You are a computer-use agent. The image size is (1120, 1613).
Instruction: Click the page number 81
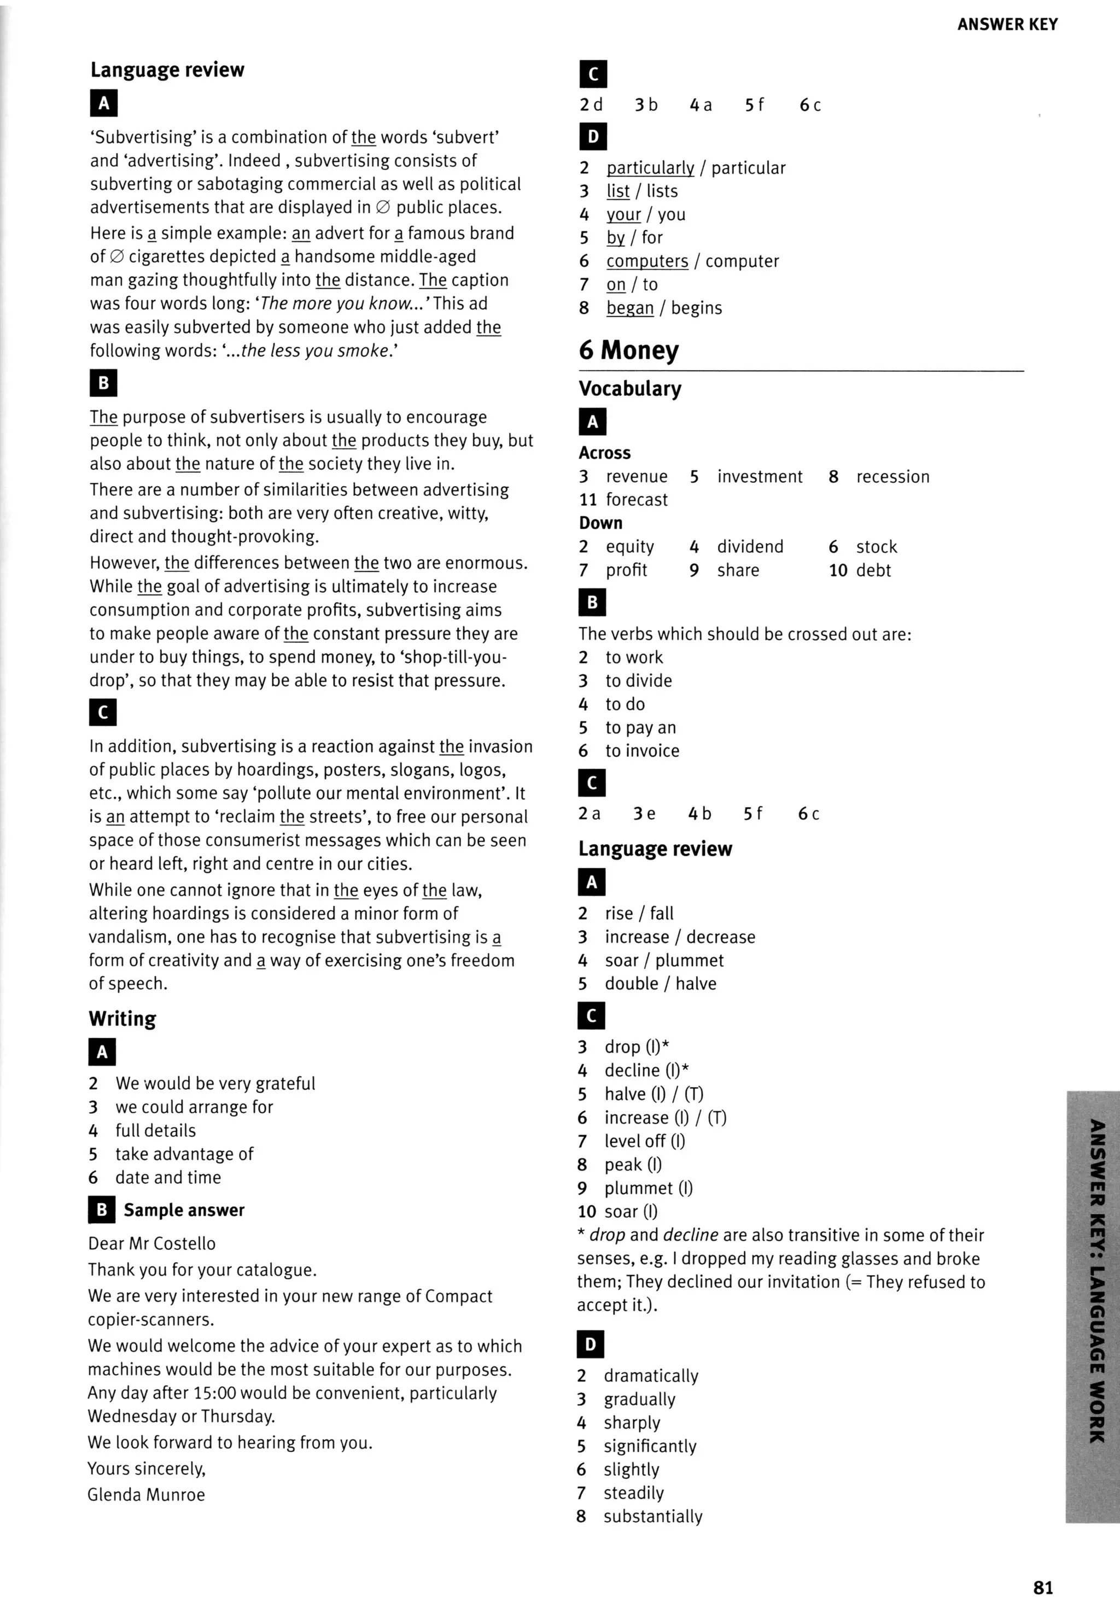(x=1042, y=1587)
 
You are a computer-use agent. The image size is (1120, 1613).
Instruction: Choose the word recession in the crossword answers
(x=892, y=476)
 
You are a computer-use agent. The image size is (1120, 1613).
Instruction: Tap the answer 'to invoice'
(x=641, y=751)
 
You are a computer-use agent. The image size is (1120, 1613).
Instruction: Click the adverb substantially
(x=652, y=1516)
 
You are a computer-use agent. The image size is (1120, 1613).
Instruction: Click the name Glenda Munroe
(x=146, y=1494)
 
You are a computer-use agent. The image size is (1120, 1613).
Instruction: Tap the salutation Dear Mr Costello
(x=151, y=1243)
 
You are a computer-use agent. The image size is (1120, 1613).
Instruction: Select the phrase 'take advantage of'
(x=184, y=1154)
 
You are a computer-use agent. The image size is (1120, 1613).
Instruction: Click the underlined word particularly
(x=650, y=168)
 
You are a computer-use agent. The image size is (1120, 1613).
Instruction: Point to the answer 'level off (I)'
(x=644, y=1141)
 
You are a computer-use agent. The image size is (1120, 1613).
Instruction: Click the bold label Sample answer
(x=184, y=1209)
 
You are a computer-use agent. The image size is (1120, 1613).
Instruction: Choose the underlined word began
(x=629, y=308)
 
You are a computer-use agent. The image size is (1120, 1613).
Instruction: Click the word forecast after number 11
(x=636, y=500)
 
